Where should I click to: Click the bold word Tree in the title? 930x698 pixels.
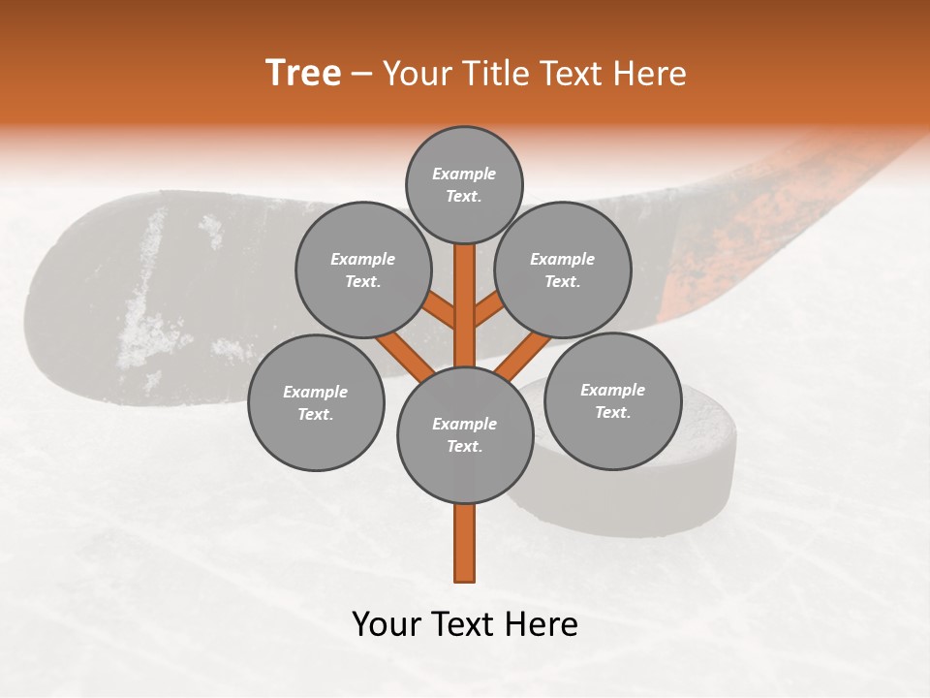303,74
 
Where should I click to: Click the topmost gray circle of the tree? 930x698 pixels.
464,184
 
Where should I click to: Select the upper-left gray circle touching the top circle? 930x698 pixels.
362,270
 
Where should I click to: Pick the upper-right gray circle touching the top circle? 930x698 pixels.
563,270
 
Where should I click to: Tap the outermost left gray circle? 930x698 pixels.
316,402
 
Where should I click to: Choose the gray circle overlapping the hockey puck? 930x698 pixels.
613,400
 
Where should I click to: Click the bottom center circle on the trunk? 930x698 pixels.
465,434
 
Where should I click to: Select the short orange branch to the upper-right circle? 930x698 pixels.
488,311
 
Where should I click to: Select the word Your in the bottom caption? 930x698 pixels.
387,624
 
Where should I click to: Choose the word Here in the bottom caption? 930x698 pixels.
543,624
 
